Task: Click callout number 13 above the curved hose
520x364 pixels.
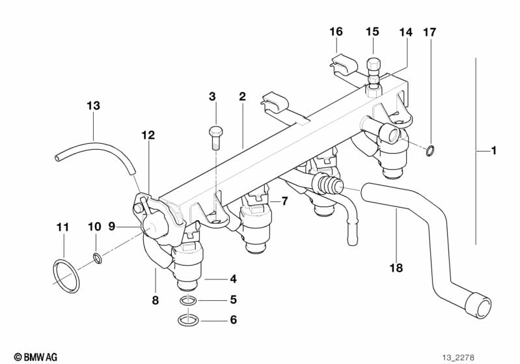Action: (x=93, y=106)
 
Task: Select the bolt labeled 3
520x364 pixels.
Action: (x=215, y=138)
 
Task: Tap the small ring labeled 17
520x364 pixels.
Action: (x=430, y=150)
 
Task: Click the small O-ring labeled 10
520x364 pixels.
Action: (x=97, y=258)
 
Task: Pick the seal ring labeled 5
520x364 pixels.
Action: (x=188, y=301)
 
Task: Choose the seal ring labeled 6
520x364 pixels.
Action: (x=188, y=320)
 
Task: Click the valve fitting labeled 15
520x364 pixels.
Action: (x=374, y=77)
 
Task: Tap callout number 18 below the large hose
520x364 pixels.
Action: (x=396, y=268)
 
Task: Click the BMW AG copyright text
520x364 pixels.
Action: (x=36, y=357)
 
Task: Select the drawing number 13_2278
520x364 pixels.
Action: (x=458, y=357)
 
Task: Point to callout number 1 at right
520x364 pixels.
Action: (x=494, y=150)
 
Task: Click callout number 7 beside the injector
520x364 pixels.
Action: (x=284, y=201)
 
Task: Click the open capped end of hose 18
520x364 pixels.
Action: (x=478, y=305)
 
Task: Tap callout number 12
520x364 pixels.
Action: (x=148, y=135)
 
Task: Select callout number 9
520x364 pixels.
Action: (x=112, y=227)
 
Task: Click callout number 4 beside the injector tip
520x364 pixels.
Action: (x=234, y=279)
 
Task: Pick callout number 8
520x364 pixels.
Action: (x=155, y=300)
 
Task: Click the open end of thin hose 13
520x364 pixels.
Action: (x=58, y=157)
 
